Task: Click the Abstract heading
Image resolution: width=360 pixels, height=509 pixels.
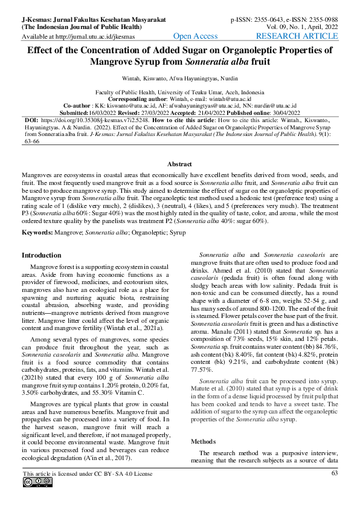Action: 179,164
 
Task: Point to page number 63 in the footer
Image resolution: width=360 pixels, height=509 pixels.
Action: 334,473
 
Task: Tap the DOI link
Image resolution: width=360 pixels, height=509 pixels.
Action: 97,120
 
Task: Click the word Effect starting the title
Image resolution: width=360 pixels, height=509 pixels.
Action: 44,51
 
